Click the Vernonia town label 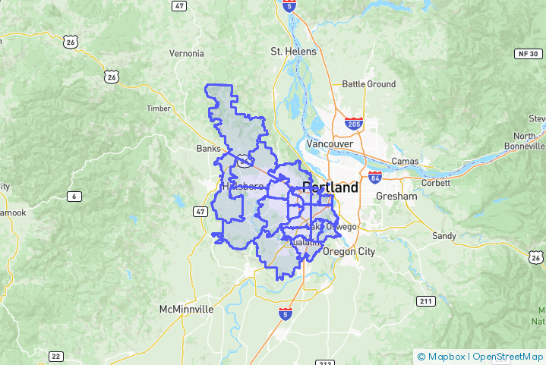click(187, 53)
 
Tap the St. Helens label click(292, 51)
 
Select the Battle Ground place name click(369, 84)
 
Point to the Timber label click(159, 109)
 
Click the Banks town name click(208, 148)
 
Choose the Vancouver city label click(330, 143)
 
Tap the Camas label click(406, 161)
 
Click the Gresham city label click(396, 196)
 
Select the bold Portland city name click(330, 187)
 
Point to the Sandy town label click(443, 236)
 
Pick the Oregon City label click(349, 252)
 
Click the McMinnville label click(187, 310)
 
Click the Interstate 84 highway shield click(374, 178)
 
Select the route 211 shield click(426, 301)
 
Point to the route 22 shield click(55, 356)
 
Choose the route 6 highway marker click(74, 197)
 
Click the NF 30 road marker click(529, 54)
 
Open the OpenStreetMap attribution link click(508, 356)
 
